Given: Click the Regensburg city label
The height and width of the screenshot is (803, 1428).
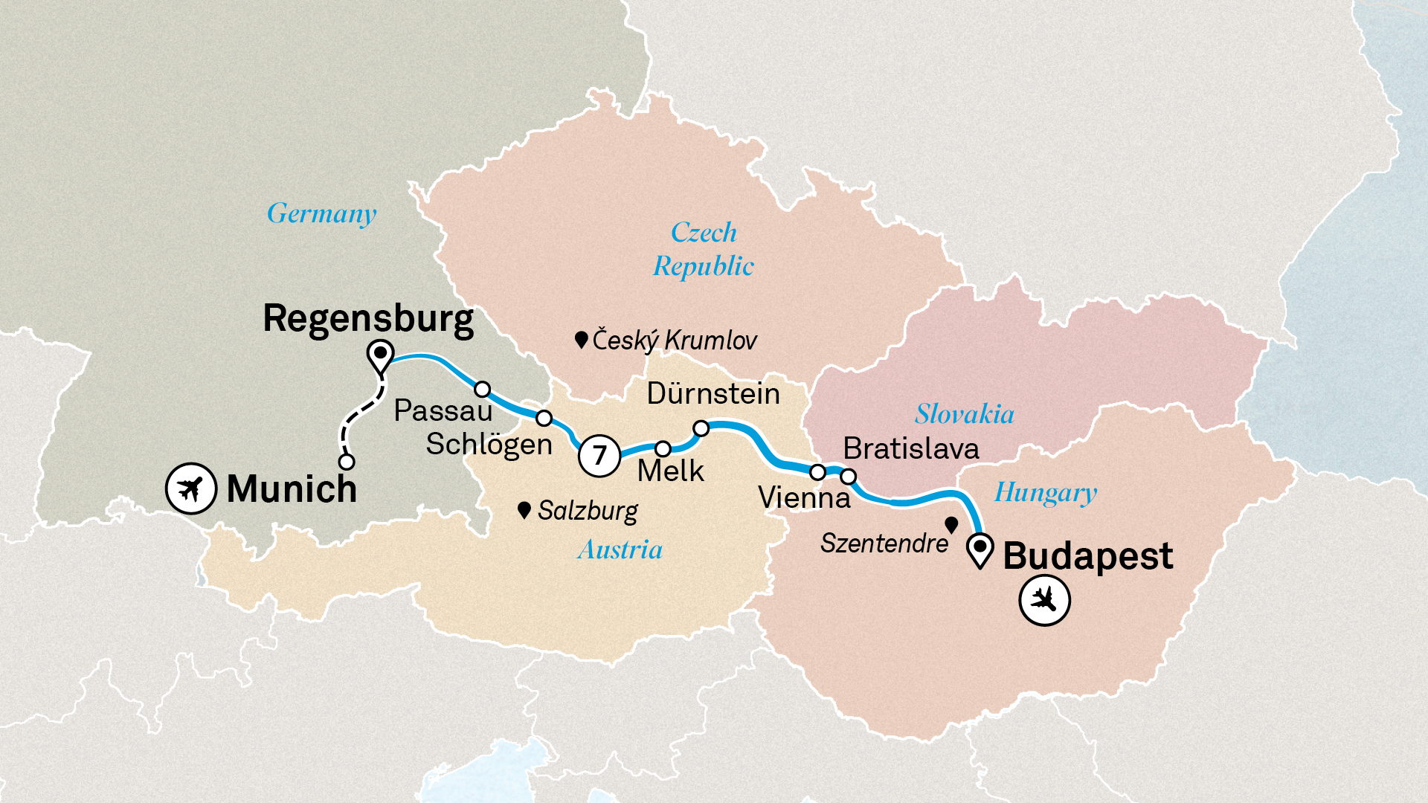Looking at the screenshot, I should (x=368, y=319).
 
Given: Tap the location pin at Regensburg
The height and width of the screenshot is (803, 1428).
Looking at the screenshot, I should (x=381, y=355).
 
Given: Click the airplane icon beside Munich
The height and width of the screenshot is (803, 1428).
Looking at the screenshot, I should (x=190, y=488).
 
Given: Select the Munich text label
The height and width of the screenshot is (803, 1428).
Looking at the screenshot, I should (x=292, y=488).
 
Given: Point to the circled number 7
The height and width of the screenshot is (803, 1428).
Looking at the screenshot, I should (x=599, y=455).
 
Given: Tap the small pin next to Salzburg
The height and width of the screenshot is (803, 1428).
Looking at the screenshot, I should (x=524, y=510).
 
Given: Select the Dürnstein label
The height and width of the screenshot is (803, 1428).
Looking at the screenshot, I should (x=713, y=393).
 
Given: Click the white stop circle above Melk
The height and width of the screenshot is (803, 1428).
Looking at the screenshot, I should (x=663, y=449).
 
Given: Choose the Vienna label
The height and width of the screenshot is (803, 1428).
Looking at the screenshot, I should (x=804, y=497).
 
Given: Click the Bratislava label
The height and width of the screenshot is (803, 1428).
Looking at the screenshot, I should (x=911, y=448).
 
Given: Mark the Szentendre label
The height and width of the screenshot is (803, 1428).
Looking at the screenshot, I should (x=884, y=544).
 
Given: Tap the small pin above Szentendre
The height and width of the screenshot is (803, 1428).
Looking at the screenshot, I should (x=951, y=525).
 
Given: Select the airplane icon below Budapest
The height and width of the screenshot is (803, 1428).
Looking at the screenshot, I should (x=1044, y=599).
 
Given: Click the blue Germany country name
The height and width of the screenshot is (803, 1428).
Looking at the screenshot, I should (x=322, y=214).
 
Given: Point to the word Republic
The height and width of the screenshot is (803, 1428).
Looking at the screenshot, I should (x=704, y=266).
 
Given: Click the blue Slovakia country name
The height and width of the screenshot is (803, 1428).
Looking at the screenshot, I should (x=964, y=414).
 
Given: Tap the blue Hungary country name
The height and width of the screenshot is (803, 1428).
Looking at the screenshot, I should (x=1046, y=493).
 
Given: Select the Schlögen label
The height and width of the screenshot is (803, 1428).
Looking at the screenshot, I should (x=489, y=445).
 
